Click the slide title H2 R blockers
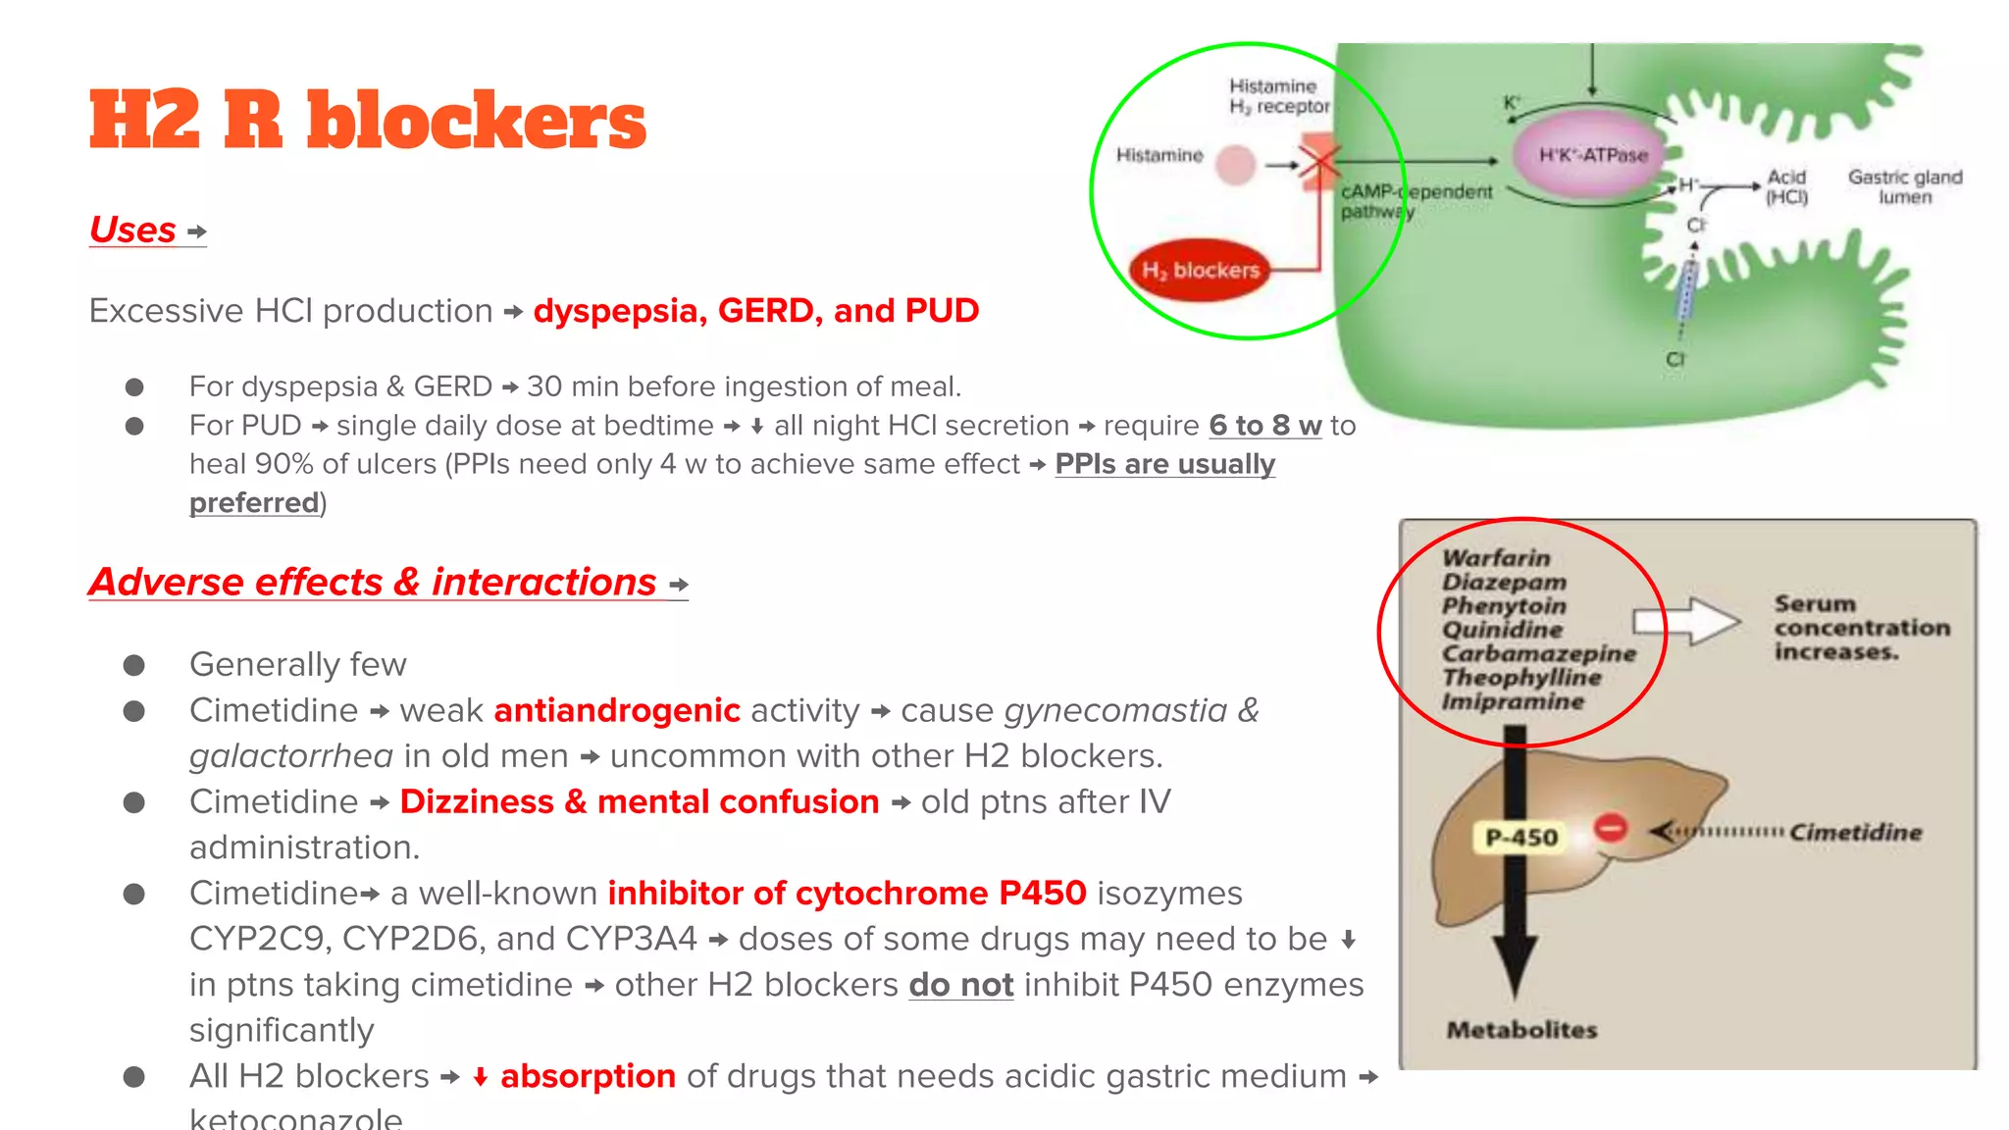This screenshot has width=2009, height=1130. click(x=367, y=122)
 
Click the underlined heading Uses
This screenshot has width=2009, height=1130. click(x=132, y=231)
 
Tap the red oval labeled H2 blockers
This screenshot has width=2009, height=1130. click(x=1200, y=270)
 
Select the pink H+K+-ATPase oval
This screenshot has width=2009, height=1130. click(x=1591, y=154)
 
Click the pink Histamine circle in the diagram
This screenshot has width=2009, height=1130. click(x=1235, y=164)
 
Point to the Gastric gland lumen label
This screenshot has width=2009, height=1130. click(x=1904, y=186)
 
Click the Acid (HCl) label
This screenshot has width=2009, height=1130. click(x=1786, y=186)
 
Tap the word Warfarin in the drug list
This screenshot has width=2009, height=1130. click(x=1496, y=558)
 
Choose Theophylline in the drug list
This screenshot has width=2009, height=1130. click(x=1521, y=677)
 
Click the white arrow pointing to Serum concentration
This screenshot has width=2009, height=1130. click(x=1686, y=621)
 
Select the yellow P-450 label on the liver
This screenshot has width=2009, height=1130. click(x=1521, y=837)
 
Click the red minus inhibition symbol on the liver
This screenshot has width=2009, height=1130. click(x=1610, y=828)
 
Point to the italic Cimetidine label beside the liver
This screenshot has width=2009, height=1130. click(x=1854, y=833)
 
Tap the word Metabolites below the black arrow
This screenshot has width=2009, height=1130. click(x=1521, y=1030)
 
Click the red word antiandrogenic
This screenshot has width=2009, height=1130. click(x=617, y=710)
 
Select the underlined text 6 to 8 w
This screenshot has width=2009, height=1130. click(x=1264, y=426)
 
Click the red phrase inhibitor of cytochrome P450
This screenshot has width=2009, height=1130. click(x=847, y=894)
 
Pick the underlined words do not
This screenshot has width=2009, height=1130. click(x=960, y=985)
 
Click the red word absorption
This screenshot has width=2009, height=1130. click(x=588, y=1076)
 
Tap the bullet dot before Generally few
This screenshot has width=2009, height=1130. click(x=134, y=665)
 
